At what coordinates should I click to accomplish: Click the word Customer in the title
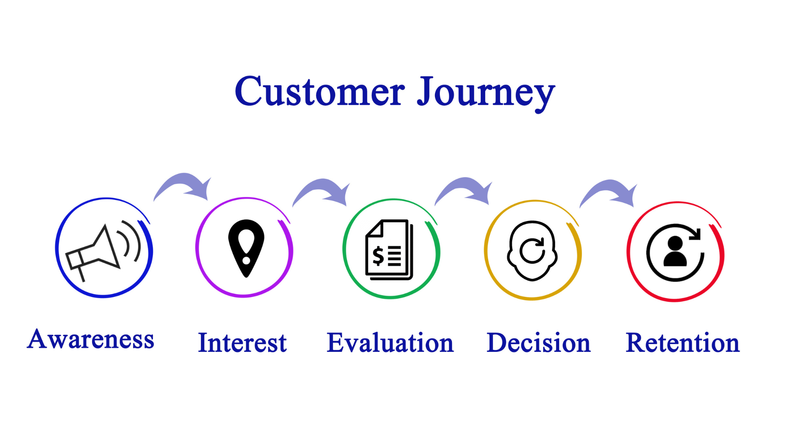click(x=319, y=91)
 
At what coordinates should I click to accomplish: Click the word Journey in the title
click(x=486, y=93)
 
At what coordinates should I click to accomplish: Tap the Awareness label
click(x=90, y=339)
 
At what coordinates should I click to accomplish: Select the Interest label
click(x=242, y=343)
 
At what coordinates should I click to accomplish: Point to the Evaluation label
click(x=390, y=343)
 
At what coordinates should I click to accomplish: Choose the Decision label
click(x=539, y=343)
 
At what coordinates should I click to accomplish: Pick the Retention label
click(x=682, y=343)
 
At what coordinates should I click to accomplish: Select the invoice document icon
click(x=389, y=250)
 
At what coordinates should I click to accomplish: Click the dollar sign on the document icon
click(x=378, y=256)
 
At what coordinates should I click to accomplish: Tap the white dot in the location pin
click(x=246, y=261)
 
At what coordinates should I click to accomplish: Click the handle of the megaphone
click(x=81, y=274)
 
